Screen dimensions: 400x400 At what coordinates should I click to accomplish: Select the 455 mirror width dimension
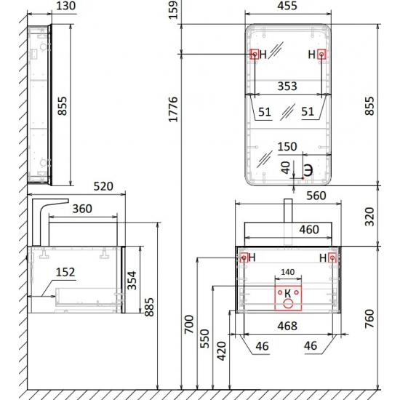(x=287, y=7)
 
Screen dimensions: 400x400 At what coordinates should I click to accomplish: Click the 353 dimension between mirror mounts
(x=287, y=87)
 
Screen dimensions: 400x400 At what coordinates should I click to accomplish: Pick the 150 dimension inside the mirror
(x=287, y=147)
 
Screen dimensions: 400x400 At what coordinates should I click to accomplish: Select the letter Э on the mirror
(x=308, y=169)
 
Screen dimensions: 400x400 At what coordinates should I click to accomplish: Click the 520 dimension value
(x=103, y=187)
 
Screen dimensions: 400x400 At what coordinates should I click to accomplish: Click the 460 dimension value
(x=309, y=231)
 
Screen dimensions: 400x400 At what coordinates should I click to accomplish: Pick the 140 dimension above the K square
(x=287, y=271)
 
